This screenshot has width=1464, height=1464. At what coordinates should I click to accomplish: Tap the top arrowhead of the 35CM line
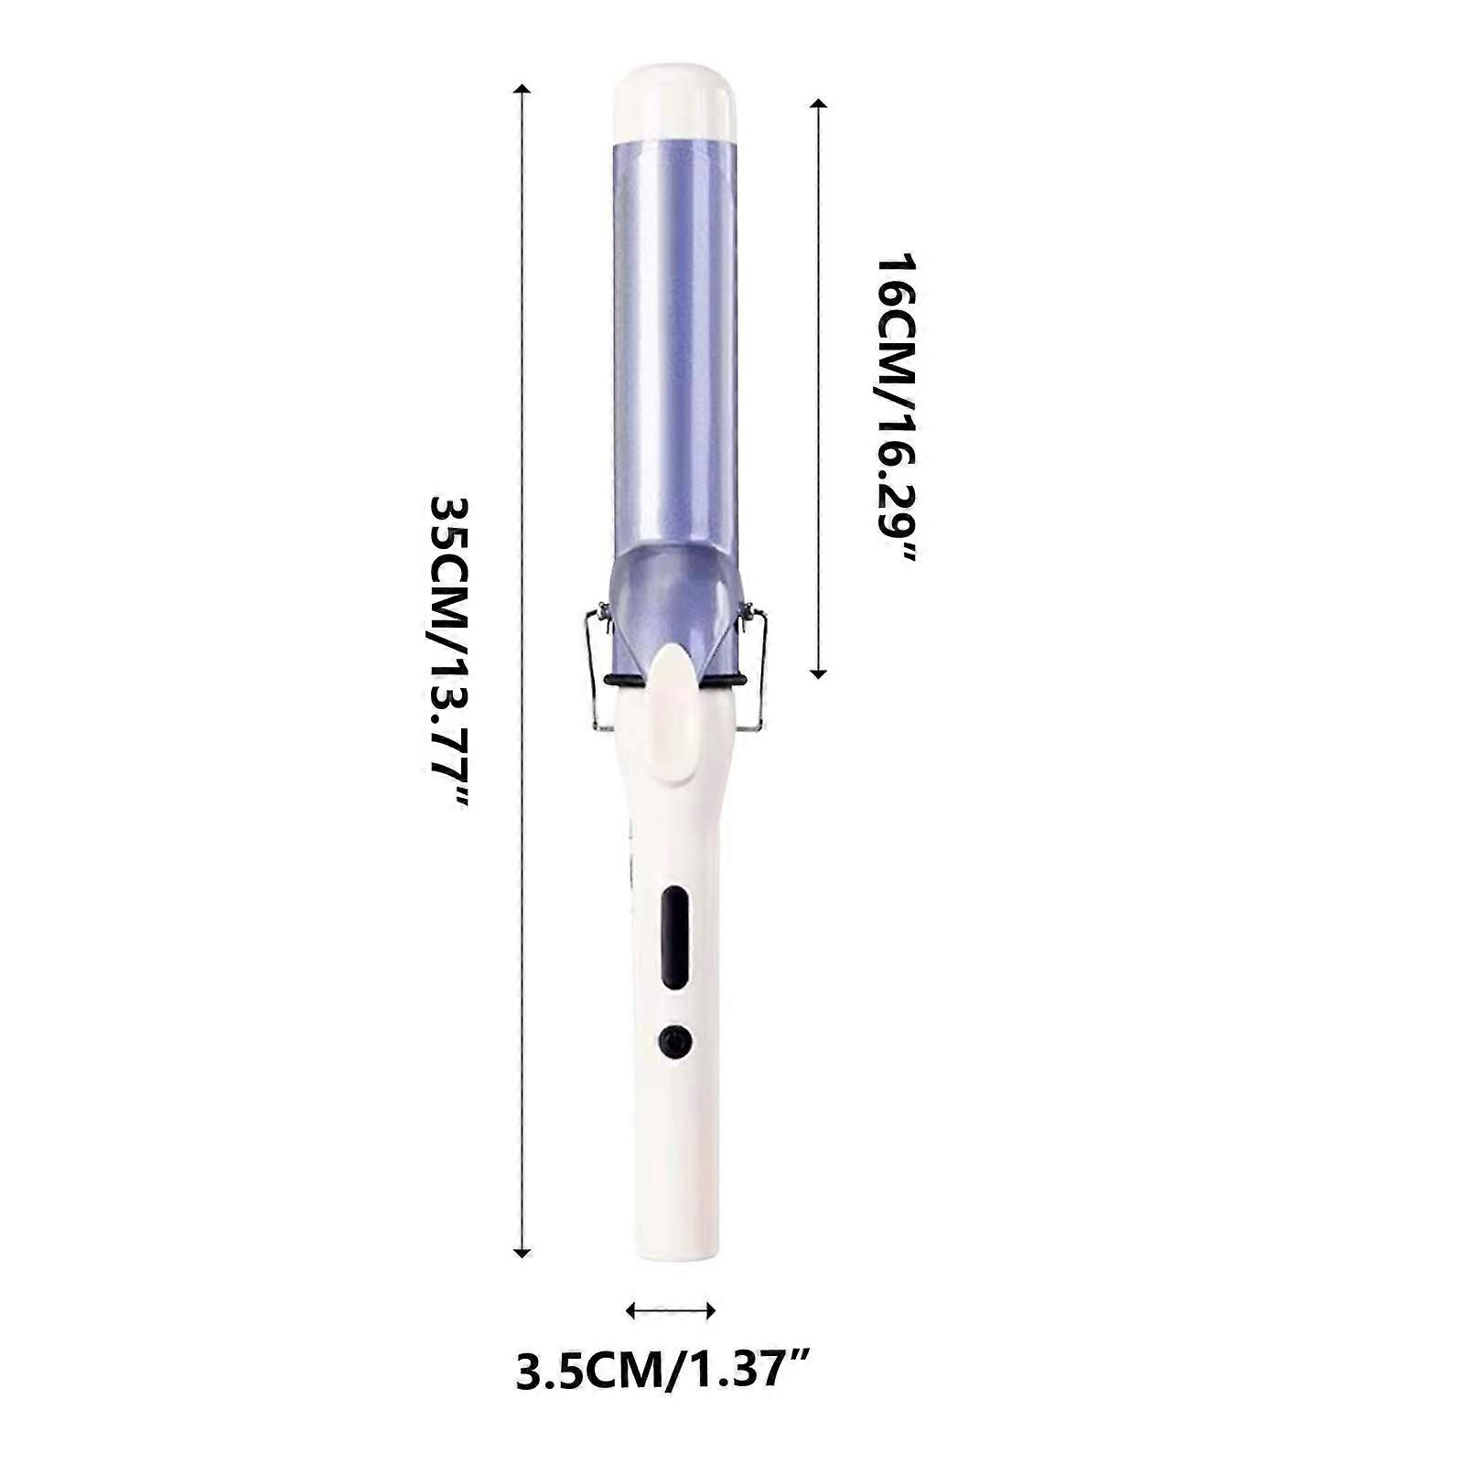tap(522, 90)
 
